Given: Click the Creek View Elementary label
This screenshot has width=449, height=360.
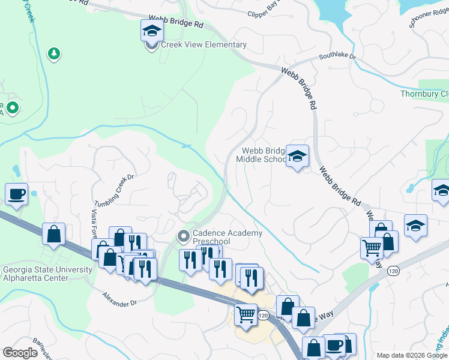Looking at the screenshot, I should click(x=203, y=45).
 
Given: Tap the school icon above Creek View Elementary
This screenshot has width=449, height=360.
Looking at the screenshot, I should click(x=152, y=30).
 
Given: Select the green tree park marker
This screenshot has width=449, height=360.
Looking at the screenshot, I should click(x=54, y=54).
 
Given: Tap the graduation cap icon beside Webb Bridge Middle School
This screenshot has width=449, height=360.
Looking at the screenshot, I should click(x=297, y=156).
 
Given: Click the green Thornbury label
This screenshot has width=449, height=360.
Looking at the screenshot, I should click(x=424, y=94).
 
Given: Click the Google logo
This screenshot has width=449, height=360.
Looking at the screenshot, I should click(x=20, y=352).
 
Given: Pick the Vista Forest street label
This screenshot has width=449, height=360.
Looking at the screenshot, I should click(x=94, y=228).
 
